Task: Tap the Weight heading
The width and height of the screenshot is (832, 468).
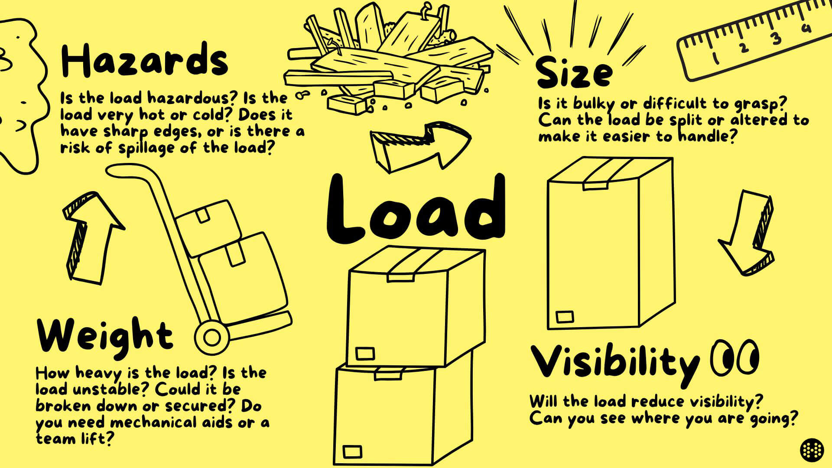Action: [105, 336]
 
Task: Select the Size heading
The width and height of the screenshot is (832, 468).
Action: [574, 74]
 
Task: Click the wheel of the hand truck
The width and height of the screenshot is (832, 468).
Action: [212, 338]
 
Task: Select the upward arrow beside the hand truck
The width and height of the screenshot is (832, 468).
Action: [91, 236]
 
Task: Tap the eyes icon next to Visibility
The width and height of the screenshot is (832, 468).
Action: [734, 358]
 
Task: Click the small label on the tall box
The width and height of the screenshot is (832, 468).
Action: [564, 317]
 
